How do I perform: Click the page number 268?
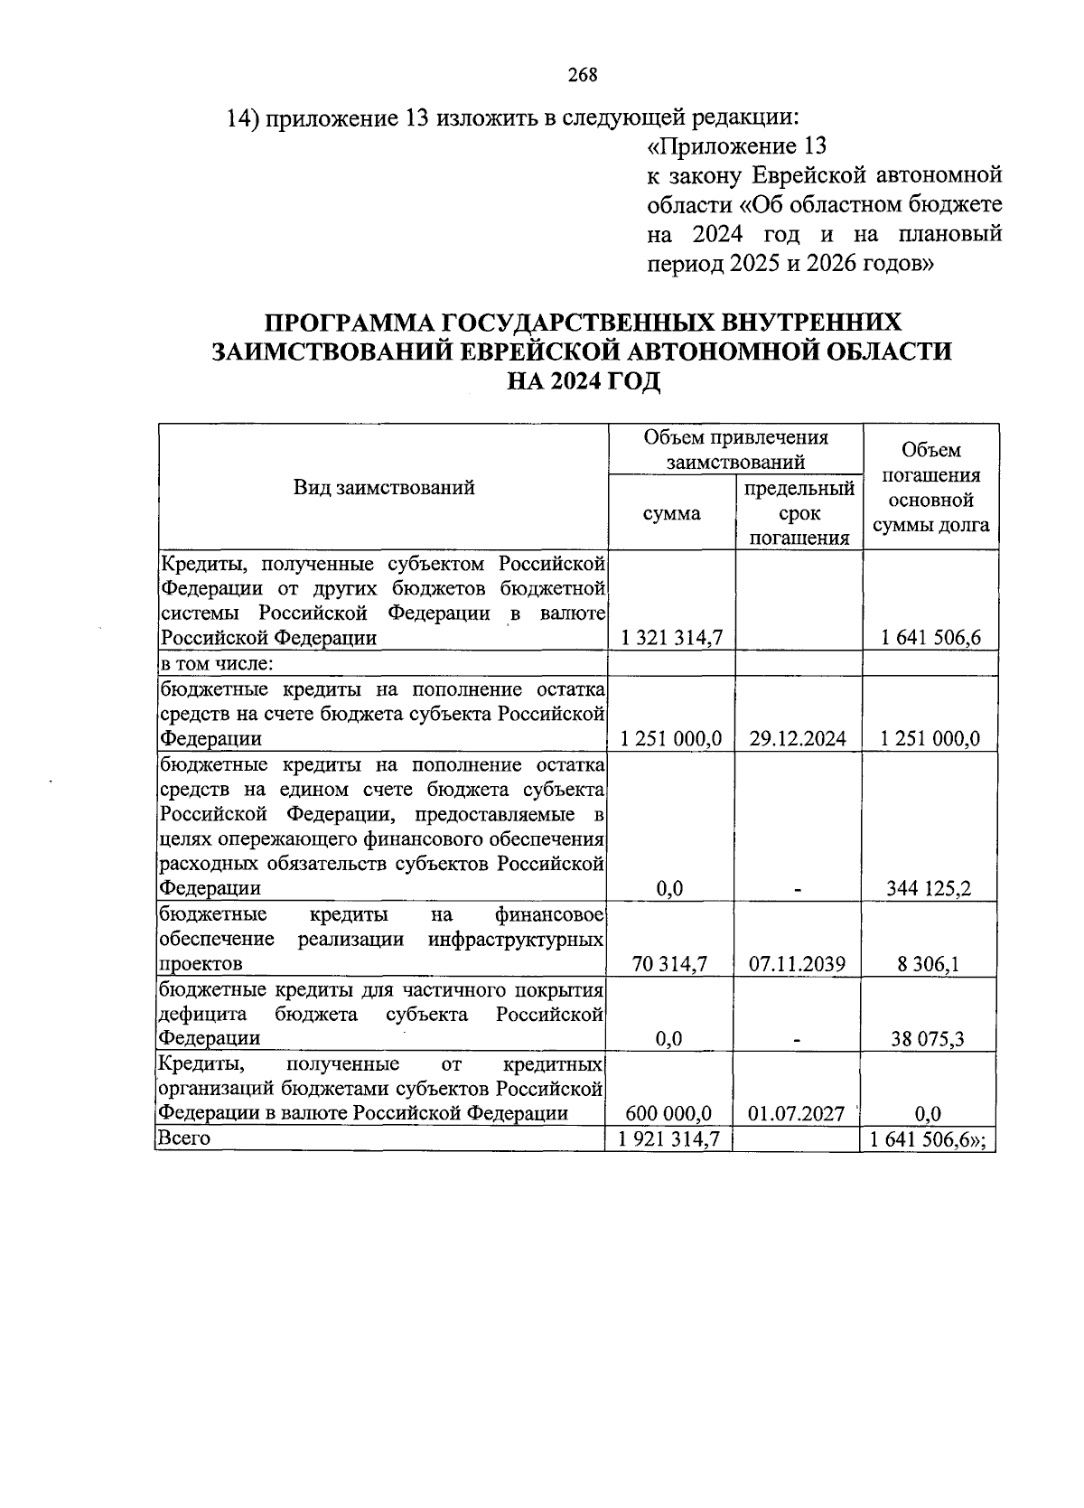click(583, 75)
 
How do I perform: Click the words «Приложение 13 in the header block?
click(737, 146)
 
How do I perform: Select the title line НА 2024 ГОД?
click(583, 382)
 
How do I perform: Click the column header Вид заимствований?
click(384, 488)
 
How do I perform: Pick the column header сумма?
click(671, 513)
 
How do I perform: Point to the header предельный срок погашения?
click(799, 513)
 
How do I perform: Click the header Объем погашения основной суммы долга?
click(930, 488)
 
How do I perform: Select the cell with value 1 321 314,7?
click(671, 638)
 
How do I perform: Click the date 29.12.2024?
click(798, 738)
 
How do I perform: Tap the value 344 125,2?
click(929, 888)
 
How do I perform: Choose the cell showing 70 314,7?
click(669, 964)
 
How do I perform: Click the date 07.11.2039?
click(798, 964)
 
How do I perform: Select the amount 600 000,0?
click(669, 1113)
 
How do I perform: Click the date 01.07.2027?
click(797, 1113)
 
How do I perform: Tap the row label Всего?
click(184, 1138)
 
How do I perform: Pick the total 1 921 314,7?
click(669, 1138)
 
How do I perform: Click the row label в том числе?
click(217, 664)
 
